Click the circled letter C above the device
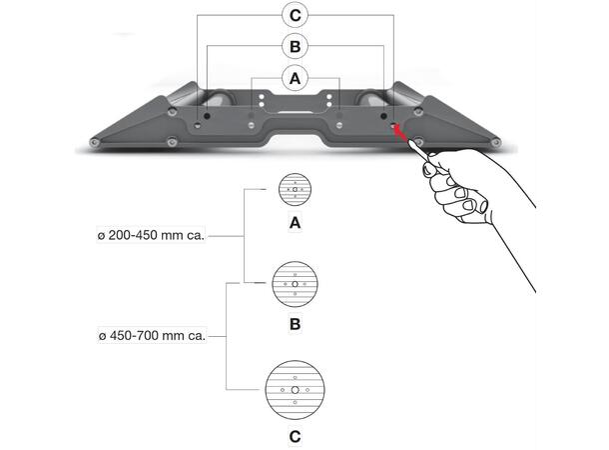pyautogui.click(x=294, y=16)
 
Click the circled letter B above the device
pyautogui.click(x=294, y=46)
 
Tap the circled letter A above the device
pyautogui.click(x=294, y=76)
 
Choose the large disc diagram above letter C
pyautogui.click(x=295, y=389)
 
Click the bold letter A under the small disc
pyautogui.click(x=295, y=225)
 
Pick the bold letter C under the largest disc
pyautogui.click(x=295, y=437)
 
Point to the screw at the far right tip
pyautogui.click(x=496, y=144)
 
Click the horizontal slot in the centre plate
pyautogui.click(x=294, y=112)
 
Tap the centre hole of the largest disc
pyautogui.click(x=295, y=389)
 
